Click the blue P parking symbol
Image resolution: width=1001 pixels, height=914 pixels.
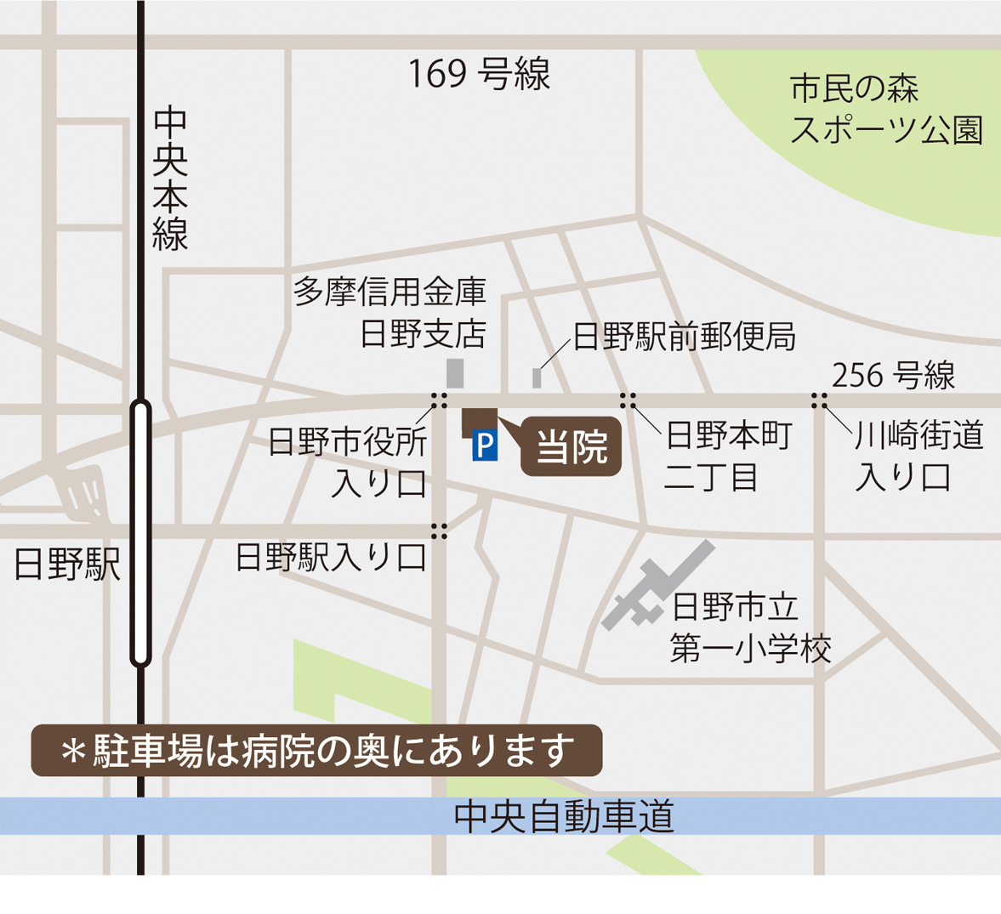pyautogui.click(x=485, y=446)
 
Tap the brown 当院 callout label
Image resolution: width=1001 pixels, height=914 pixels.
pyautogui.click(x=571, y=446)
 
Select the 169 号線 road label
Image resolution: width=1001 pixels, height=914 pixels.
pyautogui.click(x=479, y=75)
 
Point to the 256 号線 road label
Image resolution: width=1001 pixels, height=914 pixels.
pyautogui.click(x=893, y=375)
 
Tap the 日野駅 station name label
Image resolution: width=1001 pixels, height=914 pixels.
pyautogui.click(x=67, y=565)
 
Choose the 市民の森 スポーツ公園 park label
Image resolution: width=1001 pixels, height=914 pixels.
pyautogui.click(x=885, y=110)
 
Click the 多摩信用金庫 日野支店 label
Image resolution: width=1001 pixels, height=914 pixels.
pyautogui.click(x=390, y=313)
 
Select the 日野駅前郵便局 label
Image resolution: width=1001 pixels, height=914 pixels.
pyautogui.click(x=684, y=337)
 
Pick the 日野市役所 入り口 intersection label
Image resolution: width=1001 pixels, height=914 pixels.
pyautogui.click(x=349, y=463)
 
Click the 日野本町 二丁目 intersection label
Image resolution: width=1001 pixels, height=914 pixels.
pyautogui.click(x=727, y=457)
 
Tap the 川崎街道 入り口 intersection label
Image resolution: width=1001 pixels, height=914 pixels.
pyautogui.click(x=918, y=457)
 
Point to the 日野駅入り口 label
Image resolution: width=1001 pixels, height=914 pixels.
pyautogui.click(x=331, y=558)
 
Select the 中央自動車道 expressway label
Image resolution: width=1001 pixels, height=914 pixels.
pyautogui.click(x=564, y=817)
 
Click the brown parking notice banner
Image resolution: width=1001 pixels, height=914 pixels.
pyautogui.click(x=316, y=751)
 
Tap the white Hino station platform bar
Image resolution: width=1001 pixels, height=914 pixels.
pyautogui.click(x=141, y=533)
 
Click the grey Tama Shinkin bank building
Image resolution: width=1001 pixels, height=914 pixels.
pyautogui.click(x=456, y=373)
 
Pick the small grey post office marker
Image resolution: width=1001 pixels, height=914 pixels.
pyautogui.click(x=537, y=378)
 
